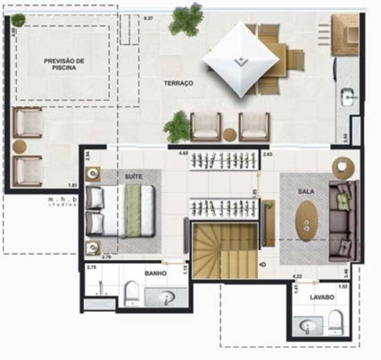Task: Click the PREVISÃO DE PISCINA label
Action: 64,64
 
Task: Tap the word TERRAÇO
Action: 178,83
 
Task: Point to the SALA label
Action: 306,192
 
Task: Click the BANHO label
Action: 155,273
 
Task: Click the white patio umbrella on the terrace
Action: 240,59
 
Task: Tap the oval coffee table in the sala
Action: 307,220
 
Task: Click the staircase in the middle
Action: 225,251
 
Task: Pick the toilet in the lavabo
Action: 335,321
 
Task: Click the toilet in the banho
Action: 132,293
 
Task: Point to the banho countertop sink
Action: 166,297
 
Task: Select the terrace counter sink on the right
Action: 347,97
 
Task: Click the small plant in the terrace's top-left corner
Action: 18,19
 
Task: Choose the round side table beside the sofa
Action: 343,167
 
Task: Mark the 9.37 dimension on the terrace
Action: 148,18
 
